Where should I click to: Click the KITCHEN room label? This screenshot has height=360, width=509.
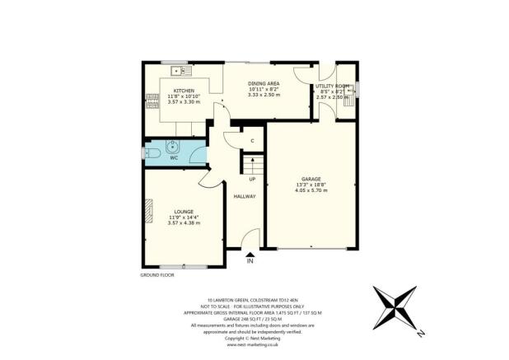183,91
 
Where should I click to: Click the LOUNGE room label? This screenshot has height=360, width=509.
184,212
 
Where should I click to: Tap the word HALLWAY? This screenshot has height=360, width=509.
245,197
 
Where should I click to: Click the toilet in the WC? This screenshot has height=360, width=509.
152,153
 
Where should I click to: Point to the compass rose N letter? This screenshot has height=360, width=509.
419,334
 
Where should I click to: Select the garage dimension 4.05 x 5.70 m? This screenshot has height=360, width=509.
311,190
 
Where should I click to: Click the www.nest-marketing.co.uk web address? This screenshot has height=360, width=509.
254,345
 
